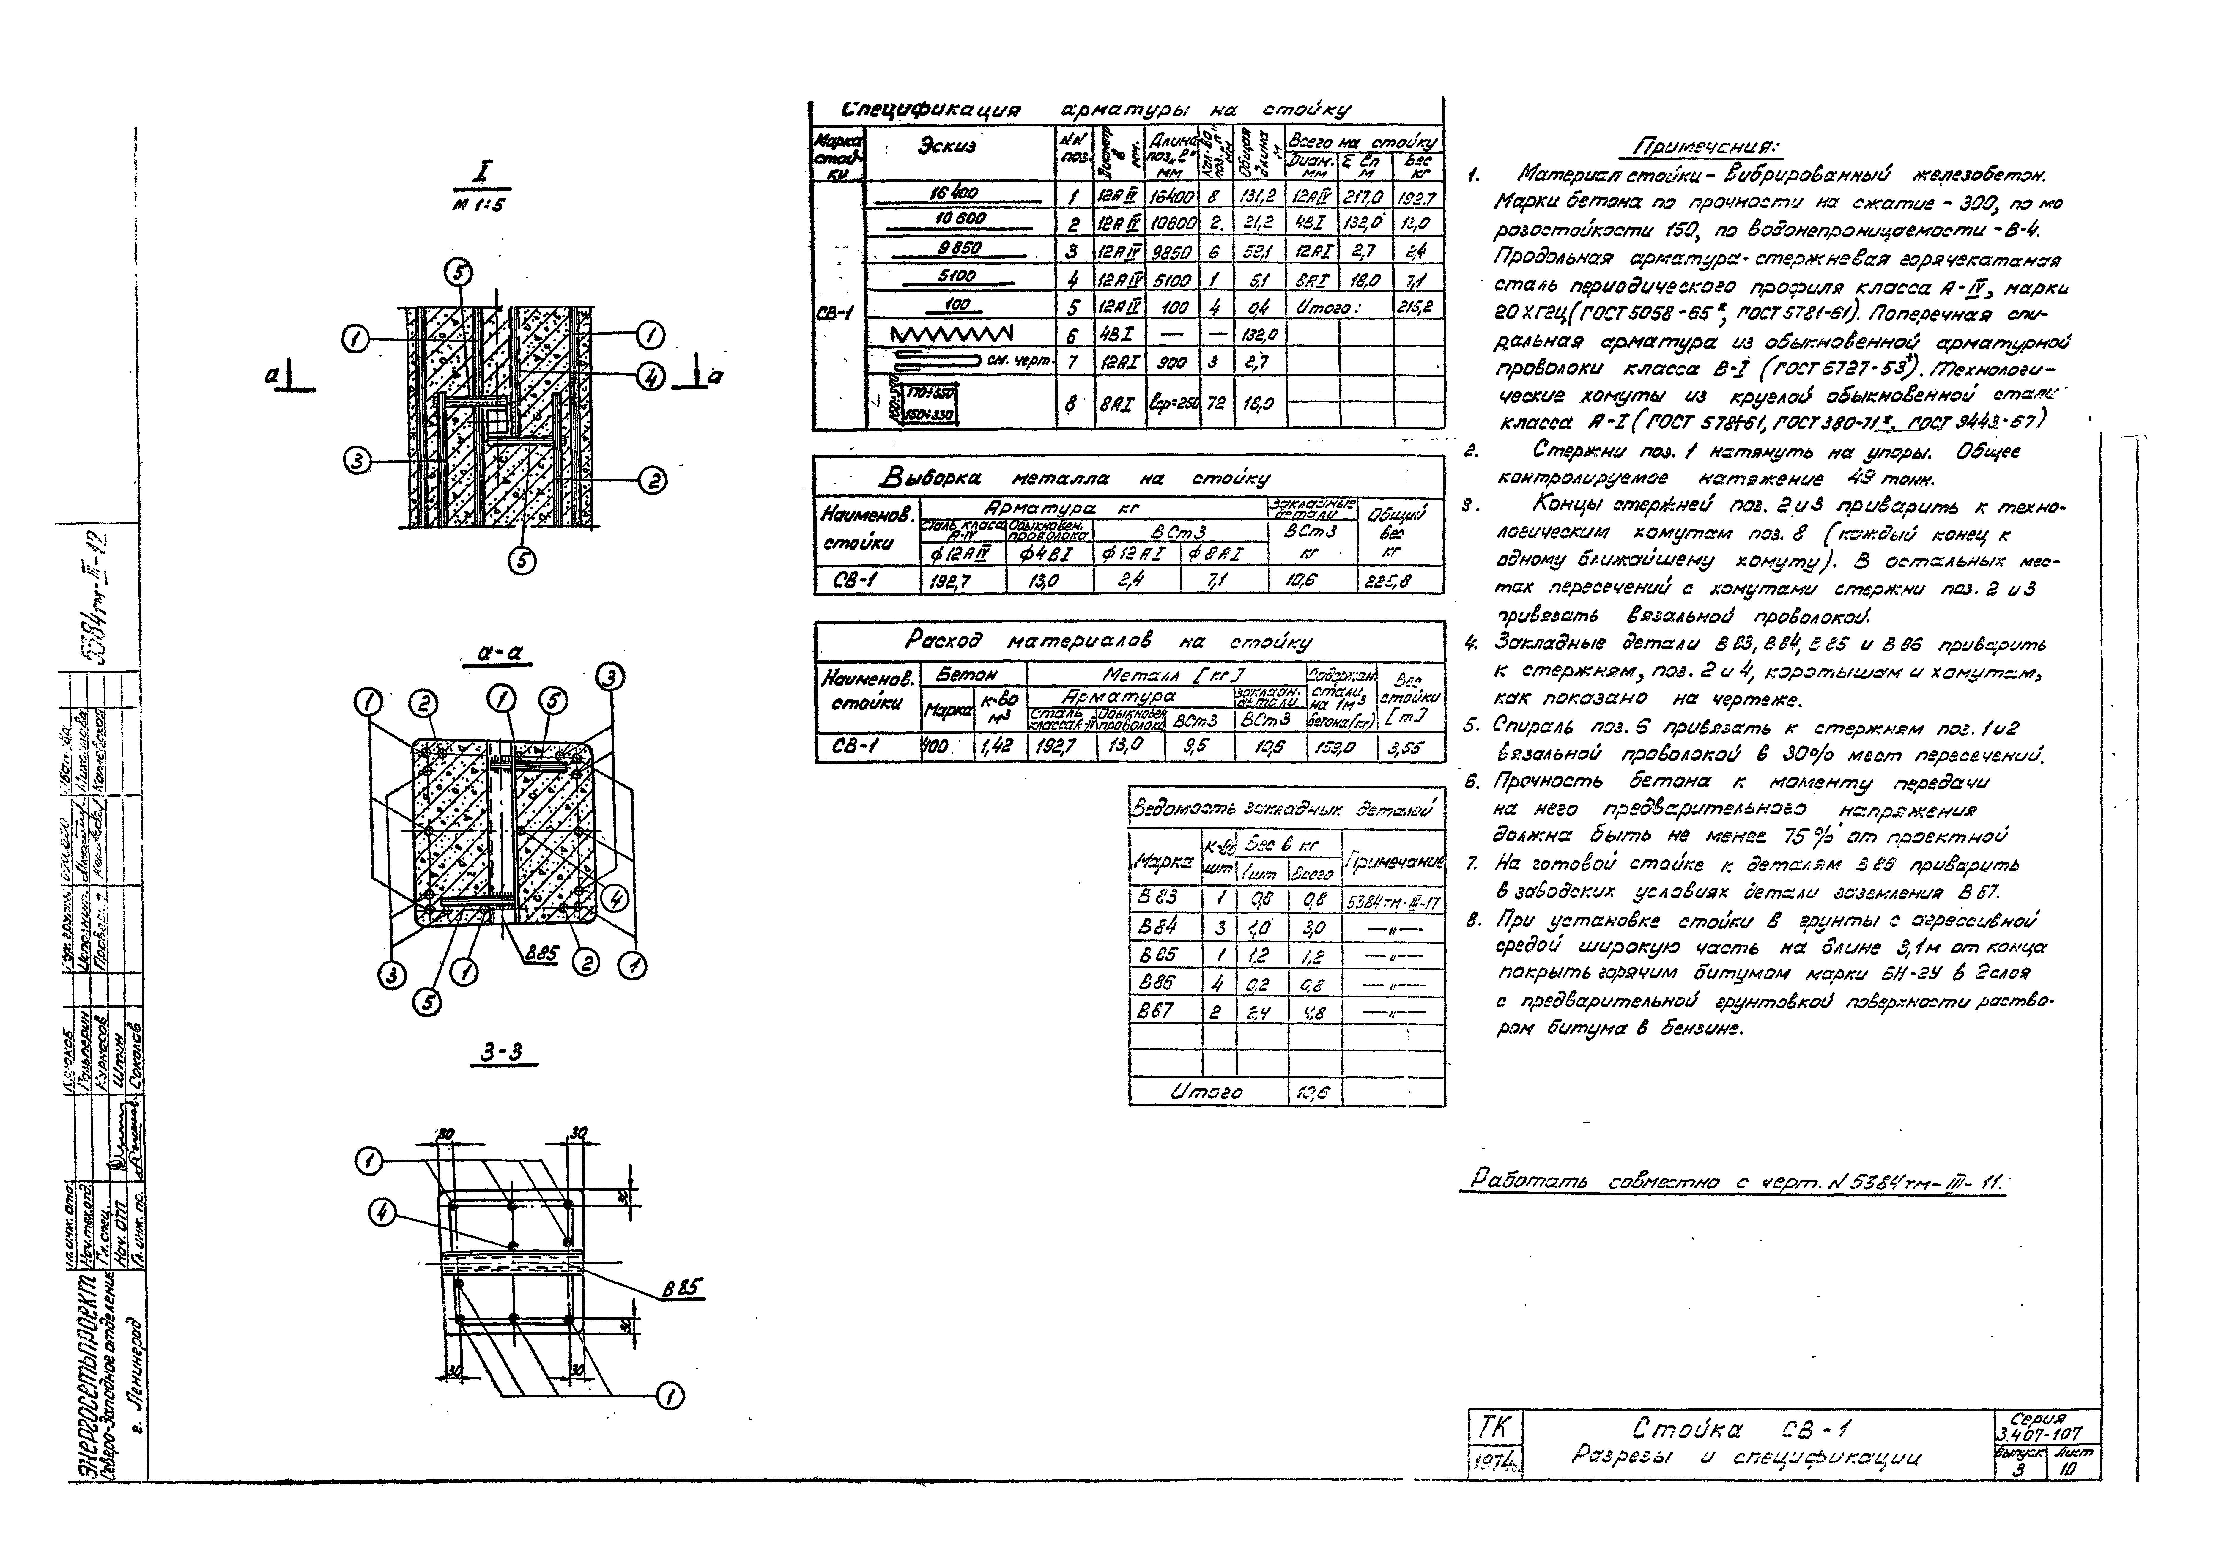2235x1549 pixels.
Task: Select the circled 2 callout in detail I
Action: coord(651,479)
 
